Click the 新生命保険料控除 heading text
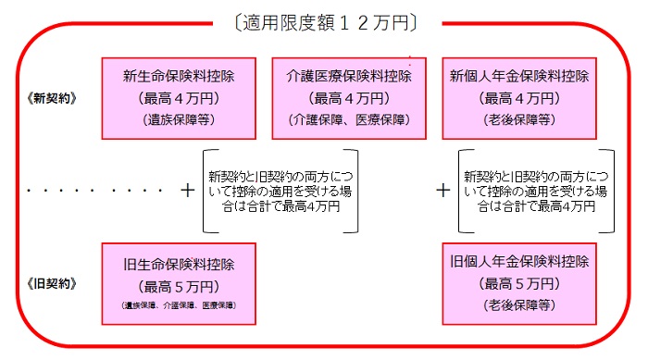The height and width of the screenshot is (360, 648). click(x=177, y=75)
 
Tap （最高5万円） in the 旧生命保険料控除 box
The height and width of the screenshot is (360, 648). click(x=177, y=284)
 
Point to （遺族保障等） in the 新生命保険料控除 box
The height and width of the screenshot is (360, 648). click(x=177, y=119)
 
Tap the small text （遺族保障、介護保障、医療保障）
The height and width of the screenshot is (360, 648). click(x=177, y=305)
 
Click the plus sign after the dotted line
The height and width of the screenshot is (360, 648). click(x=189, y=191)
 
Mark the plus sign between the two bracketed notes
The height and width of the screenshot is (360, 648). click(x=443, y=191)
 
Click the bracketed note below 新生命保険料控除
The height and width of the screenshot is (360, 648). click(x=274, y=191)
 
